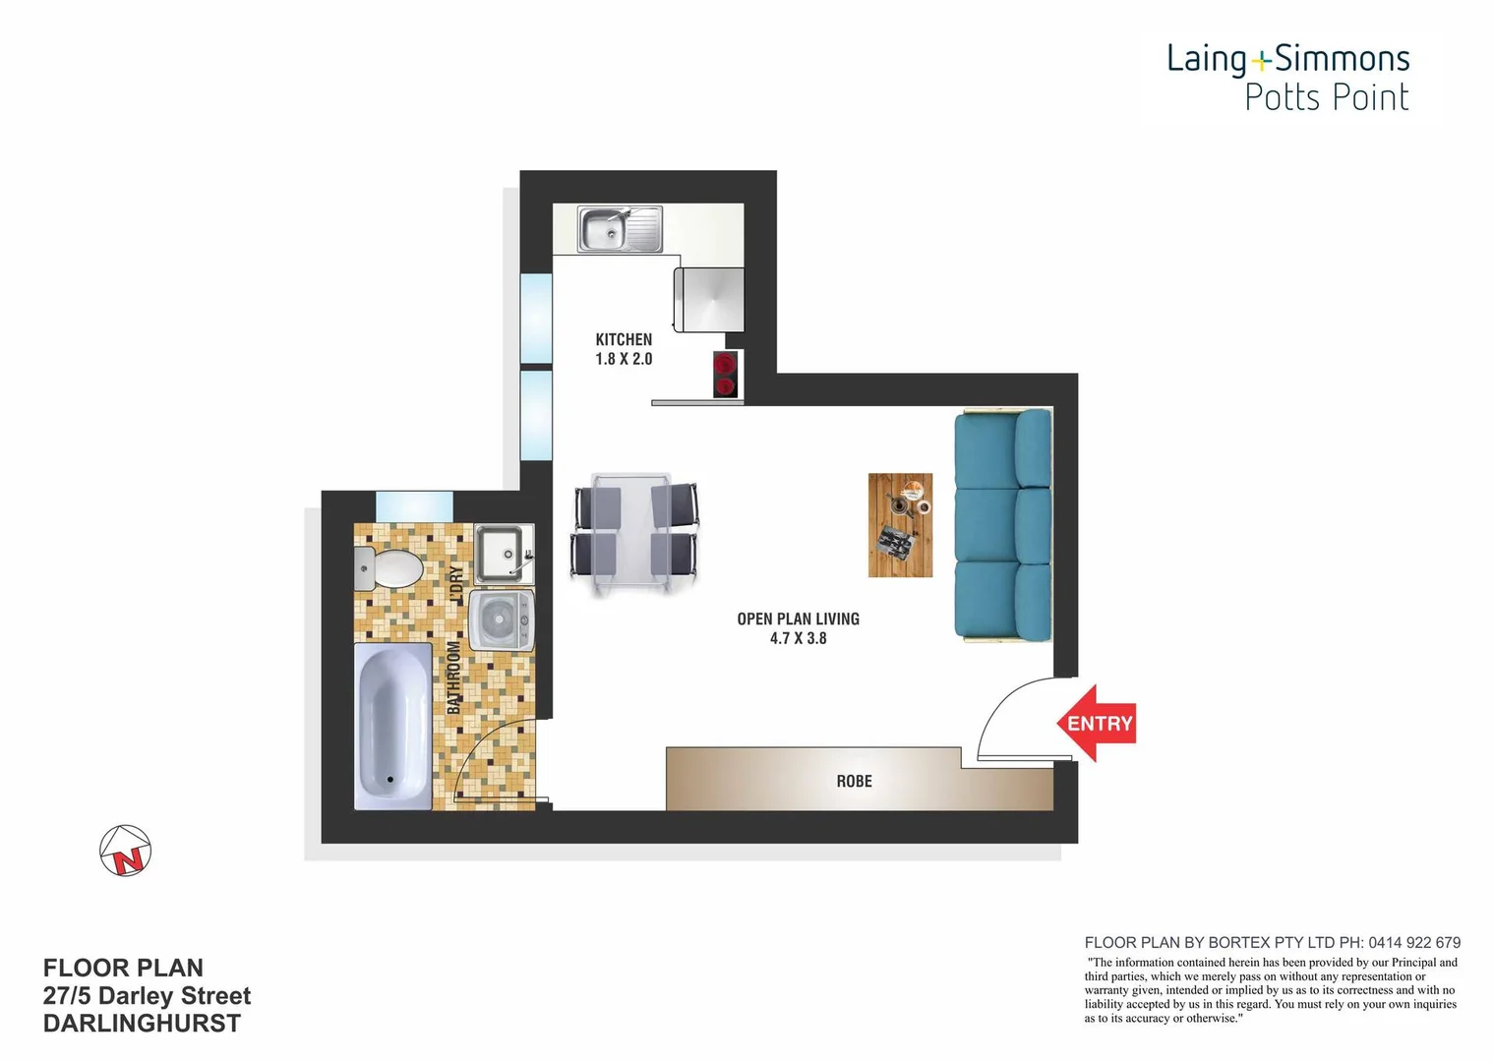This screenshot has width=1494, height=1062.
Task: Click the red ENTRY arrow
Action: pos(1096,724)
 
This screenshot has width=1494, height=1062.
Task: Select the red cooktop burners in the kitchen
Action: pos(725,375)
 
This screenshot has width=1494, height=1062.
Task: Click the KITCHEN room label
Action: pos(624,339)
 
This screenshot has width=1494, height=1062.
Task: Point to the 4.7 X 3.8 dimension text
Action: pos(798,638)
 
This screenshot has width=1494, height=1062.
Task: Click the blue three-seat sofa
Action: pos(1002,526)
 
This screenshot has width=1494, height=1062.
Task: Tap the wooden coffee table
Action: pos(900,525)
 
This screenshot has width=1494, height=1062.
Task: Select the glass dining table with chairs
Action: pos(634,534)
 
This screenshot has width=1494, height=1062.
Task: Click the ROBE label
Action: pos(854,781)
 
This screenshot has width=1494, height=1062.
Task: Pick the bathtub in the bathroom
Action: pos(392,726)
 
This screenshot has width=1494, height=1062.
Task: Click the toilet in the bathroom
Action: pos(390,567)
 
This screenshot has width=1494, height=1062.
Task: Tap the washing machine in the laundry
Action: pos(502,619)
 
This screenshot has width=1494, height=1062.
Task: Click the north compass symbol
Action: pos(126,851)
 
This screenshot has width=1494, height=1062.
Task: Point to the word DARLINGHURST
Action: pos(142,1024)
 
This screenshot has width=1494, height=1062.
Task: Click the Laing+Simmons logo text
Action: pos(1287,59)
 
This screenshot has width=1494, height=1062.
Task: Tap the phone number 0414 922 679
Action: pos(1412,942)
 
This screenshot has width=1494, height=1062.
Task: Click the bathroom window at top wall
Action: pos(414,505)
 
